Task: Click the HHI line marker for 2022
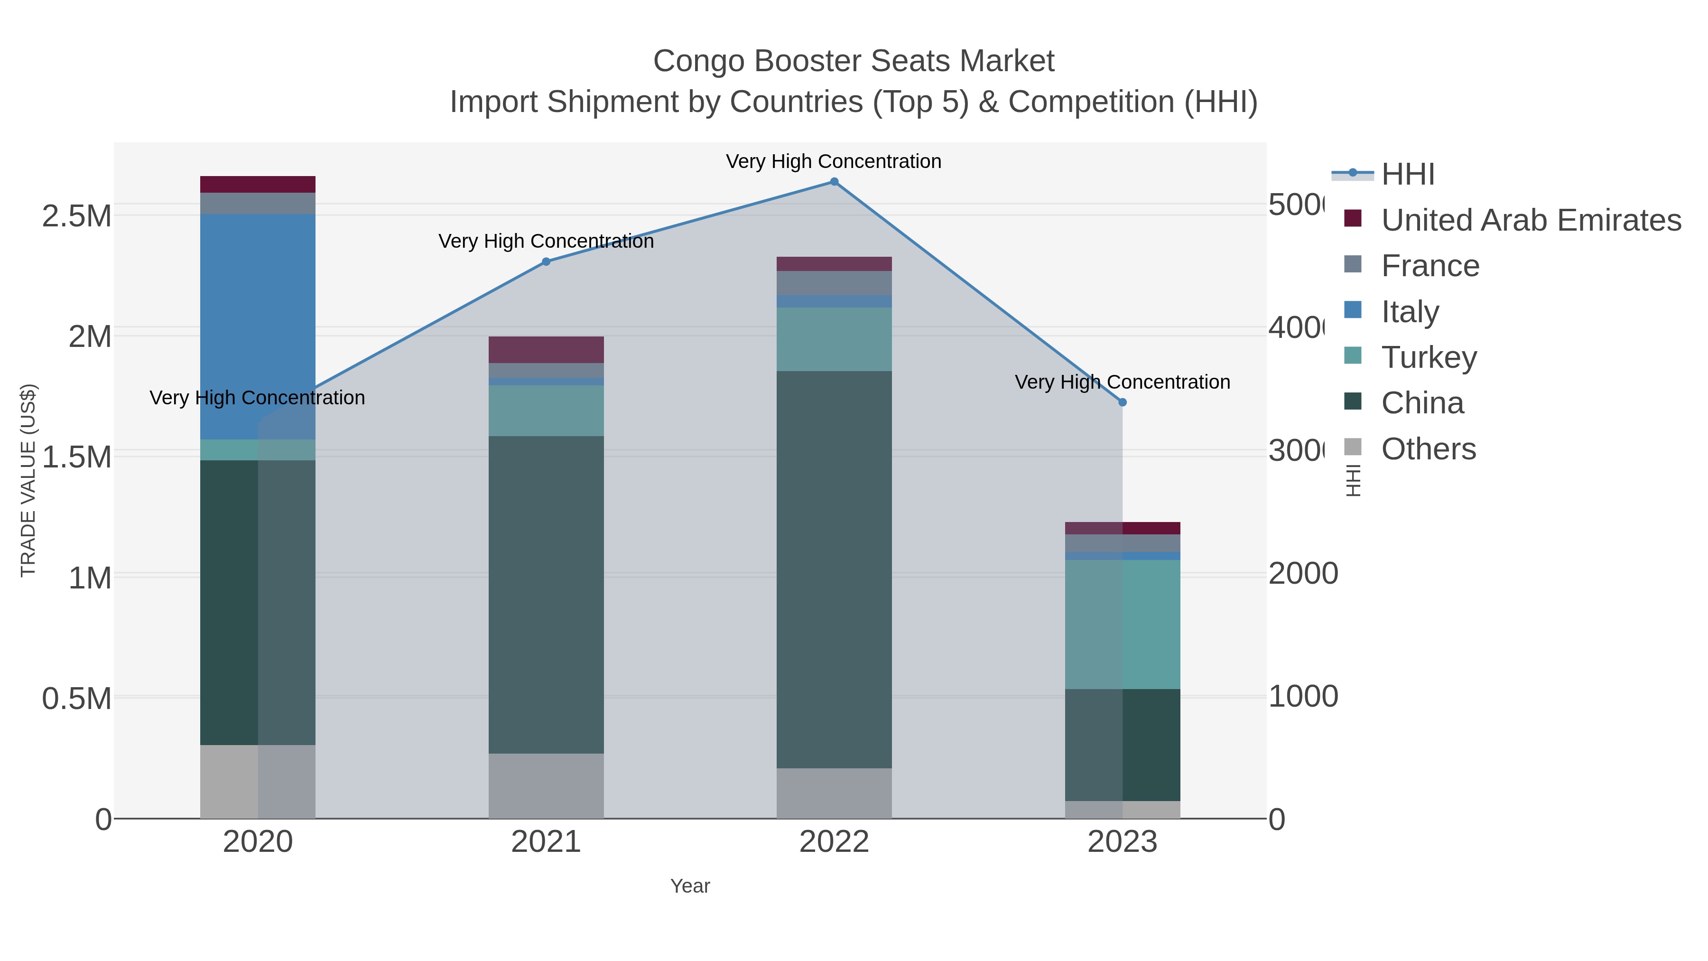[834, 182]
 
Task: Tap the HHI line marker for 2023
[1123, 402]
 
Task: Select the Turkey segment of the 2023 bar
[1123, 624]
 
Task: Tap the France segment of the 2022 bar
[834, 283]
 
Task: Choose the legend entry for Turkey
[1429, 357]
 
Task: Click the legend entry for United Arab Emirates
[1530, 220]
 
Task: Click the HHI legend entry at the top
[1408, 175]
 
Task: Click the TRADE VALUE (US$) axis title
[28, 480]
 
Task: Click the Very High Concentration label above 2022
[834, 162]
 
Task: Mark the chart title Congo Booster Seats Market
[854, 61]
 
